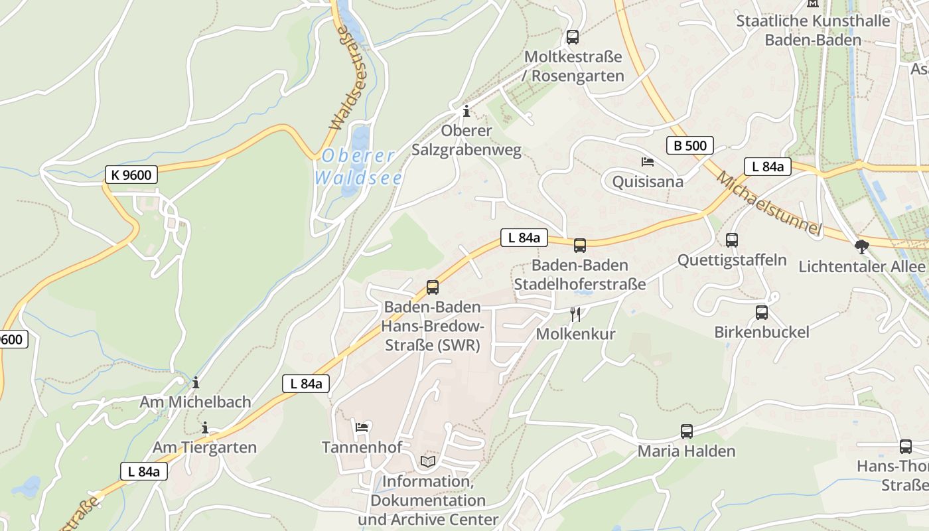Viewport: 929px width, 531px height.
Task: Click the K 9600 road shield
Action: [x=132, y=175]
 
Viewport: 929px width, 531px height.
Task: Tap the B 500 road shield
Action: [x=689, y=145]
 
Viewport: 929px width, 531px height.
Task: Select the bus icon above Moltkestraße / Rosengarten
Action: [x=573, y=37]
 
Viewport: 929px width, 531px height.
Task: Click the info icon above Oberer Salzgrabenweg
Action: [x=466, y=110]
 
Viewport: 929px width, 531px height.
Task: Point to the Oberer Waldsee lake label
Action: [x=358, y=167]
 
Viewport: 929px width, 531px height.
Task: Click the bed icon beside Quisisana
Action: [x=647, y=162]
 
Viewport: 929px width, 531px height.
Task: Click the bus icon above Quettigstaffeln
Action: [x=732, y=240]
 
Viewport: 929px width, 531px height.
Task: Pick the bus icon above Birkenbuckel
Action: [x=762, y=312]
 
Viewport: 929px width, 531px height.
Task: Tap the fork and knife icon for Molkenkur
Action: [x=575, y=314]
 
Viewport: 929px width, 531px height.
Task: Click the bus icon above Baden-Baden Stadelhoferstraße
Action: [x=580, y=246]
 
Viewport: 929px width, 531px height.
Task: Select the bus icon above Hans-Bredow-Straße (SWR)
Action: [x=433, y=287]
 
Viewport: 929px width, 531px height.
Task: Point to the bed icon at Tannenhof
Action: [x=362, y=427]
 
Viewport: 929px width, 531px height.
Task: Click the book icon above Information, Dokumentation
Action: [x=428, y=461]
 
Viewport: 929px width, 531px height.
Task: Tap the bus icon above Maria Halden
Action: [x=687, y=431]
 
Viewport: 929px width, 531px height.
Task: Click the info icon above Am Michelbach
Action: [x=196, y=382]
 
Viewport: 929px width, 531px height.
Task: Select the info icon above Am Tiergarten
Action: [x=205, y=427]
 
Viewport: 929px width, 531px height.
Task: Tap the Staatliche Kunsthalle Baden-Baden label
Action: [x=813, y=30]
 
